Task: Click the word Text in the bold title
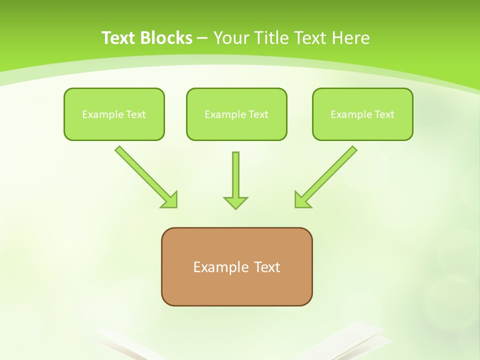(118, 38)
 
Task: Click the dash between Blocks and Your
(202, 38)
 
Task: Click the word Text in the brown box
(267, 267)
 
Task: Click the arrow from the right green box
(330, 173)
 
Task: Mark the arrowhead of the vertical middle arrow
(235, 202)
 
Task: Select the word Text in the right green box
(384, 114)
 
